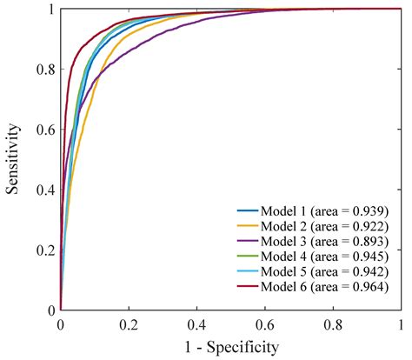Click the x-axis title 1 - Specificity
point(229,348)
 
